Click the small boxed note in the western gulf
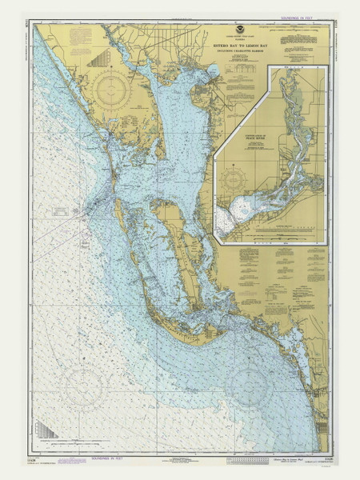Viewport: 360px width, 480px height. (64, 212)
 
